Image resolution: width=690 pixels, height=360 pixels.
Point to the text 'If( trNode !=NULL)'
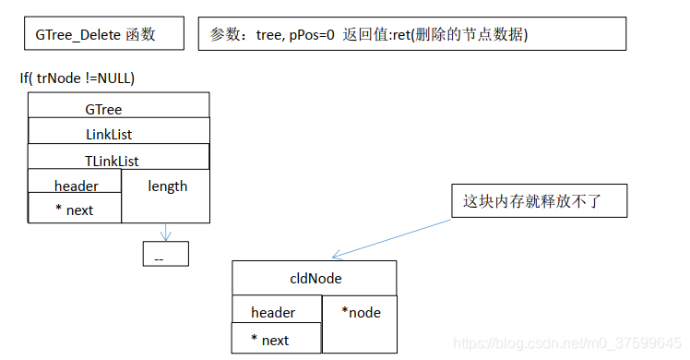tap(84, 78)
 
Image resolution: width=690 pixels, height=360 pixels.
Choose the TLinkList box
tap(118, 159)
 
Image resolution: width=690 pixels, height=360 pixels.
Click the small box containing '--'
tap(165, 255)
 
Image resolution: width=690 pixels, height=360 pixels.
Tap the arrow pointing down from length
tap(166, 232)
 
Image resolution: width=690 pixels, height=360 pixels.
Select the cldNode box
tap(314, 278)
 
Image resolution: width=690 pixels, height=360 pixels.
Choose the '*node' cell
tap(361, 323)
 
